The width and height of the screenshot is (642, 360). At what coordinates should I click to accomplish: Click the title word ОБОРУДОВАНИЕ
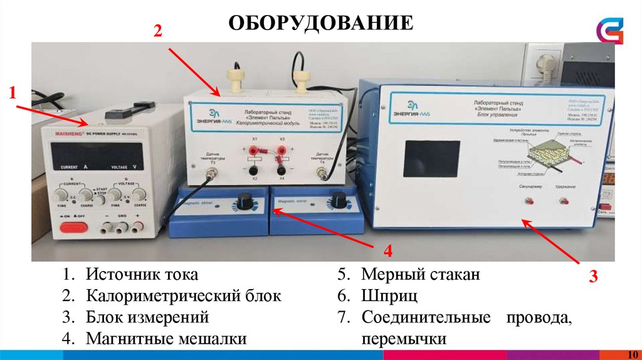pyautogui.click(x=320, y=23)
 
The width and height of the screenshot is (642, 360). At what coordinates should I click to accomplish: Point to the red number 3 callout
pyautogui.click(x=592, y=277)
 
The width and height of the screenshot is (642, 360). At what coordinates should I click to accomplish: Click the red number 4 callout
pyautogui.click(x=388, y=251)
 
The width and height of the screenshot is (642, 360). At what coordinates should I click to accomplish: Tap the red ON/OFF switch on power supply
pyautogui.click(x=71, y=227)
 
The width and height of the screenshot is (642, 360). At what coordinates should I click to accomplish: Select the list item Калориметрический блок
pyautogui.click(x=184, y=295)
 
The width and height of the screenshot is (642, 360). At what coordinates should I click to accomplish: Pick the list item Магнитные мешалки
pyautogui.click(x=166, y=339)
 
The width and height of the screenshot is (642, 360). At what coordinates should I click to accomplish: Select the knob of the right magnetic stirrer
pyautogui.click(x=339, y=199)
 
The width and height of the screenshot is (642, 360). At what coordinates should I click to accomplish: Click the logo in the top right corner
pyautogui.click(x=610, y=29)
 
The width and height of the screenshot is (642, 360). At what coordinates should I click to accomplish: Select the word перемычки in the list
pyautogui.click(x=404, y=339)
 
